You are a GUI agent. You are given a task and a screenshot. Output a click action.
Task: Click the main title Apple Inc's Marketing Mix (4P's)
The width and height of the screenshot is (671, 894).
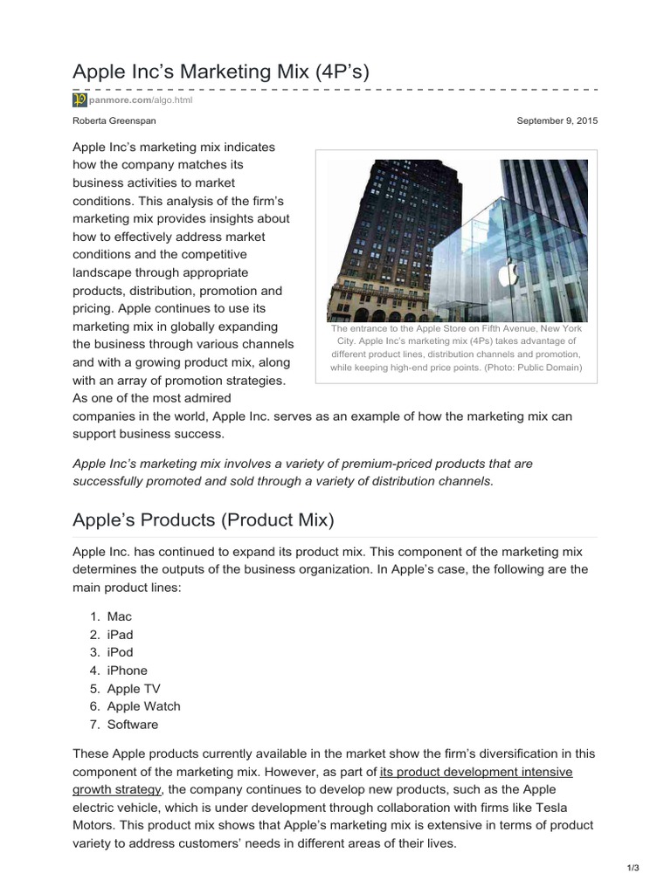[221, 72]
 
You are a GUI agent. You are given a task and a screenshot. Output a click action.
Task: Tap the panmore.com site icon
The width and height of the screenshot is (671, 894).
[78, 100]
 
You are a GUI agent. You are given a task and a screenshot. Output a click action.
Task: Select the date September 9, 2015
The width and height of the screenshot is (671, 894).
[556, 120]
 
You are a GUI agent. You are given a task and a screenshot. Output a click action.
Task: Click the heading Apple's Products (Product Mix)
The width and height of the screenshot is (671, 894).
[203, 519]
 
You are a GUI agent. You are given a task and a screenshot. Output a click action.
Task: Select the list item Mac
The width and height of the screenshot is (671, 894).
[119, 616]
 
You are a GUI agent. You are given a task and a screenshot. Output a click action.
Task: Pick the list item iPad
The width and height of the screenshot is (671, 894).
[120, 635]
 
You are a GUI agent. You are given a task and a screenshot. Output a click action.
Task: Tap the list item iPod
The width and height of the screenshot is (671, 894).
[120, 652]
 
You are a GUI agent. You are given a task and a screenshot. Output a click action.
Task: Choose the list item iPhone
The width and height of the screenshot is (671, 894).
[127, 670]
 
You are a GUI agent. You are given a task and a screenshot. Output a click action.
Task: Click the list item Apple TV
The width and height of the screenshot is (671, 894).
[133, 688]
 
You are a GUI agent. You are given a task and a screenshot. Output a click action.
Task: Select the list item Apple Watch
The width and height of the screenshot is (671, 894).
[143, 706]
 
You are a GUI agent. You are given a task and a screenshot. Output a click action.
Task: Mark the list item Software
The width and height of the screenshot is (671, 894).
[133, 724]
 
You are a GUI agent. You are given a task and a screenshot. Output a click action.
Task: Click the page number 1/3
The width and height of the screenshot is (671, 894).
[633, 867]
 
